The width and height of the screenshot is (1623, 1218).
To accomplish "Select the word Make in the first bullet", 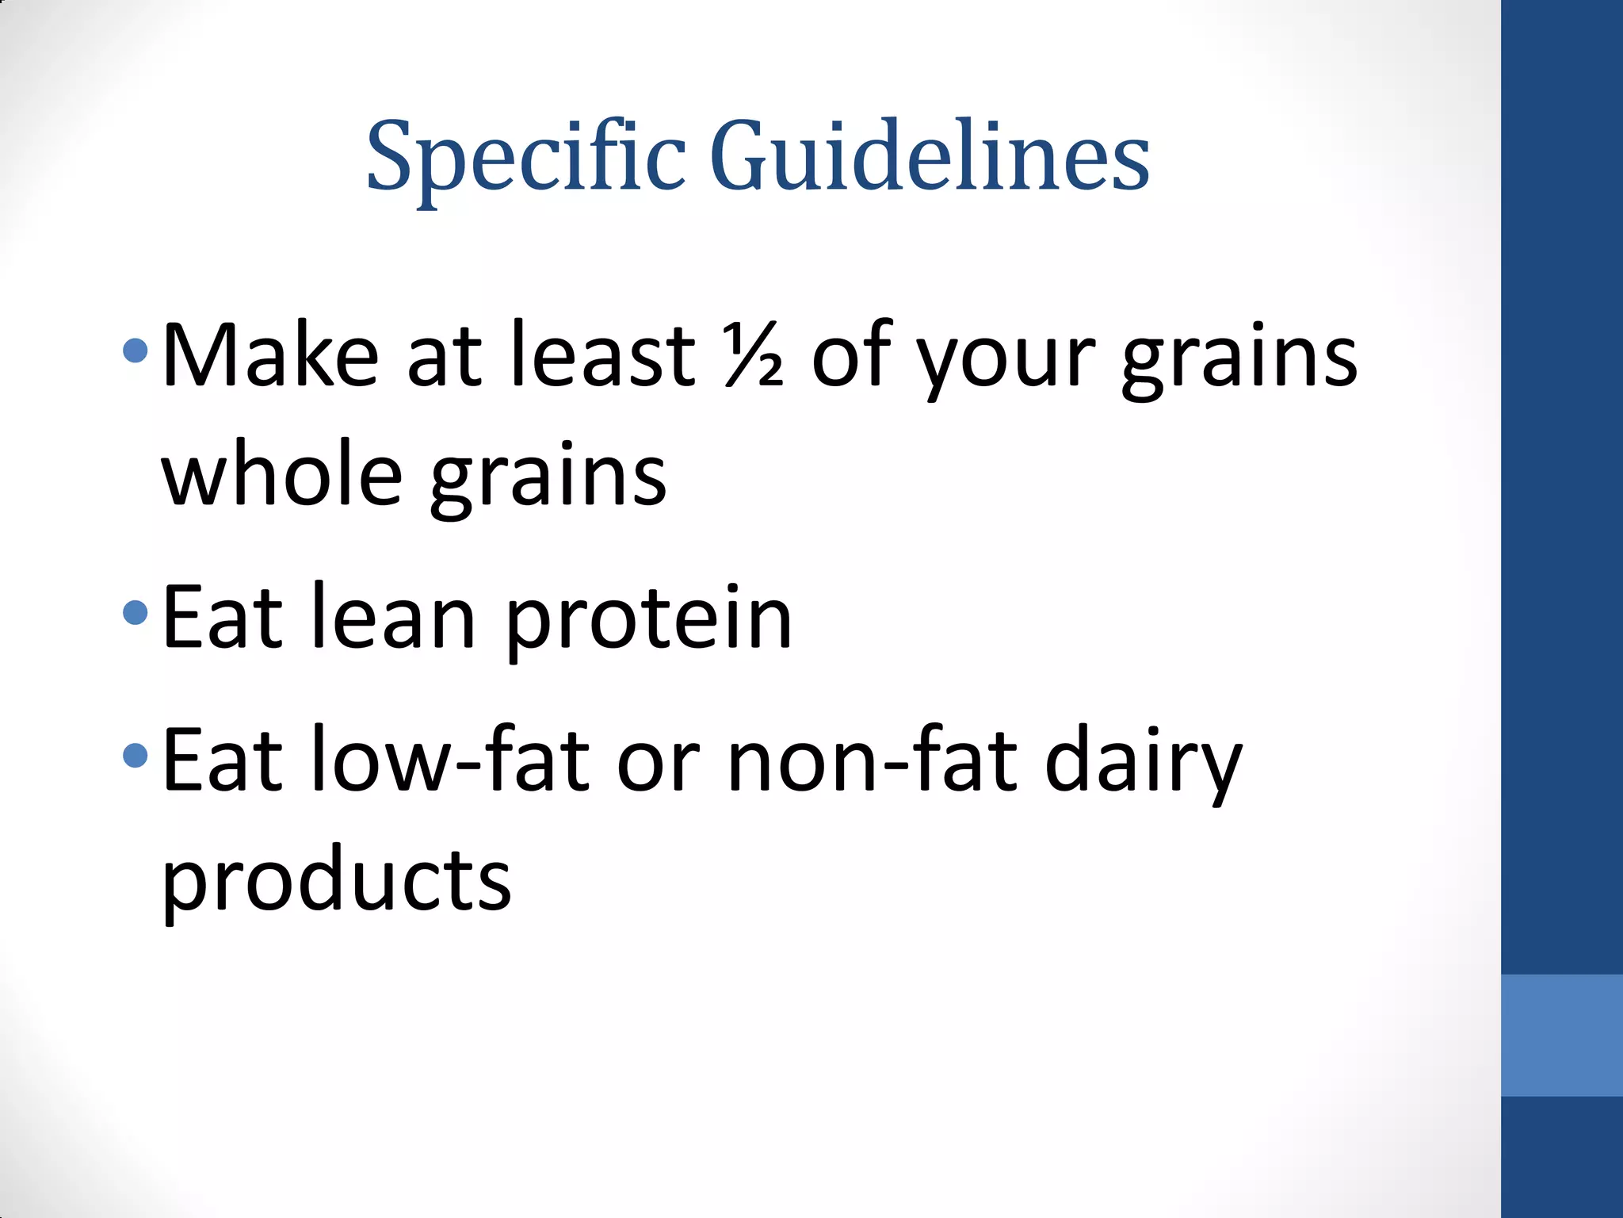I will coord(270,354).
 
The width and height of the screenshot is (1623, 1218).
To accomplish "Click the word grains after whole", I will coord(548,481).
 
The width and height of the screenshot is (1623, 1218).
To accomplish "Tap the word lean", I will coord(393,616).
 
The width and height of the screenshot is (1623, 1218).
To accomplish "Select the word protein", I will coord(648,622).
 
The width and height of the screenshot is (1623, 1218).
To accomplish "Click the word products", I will coord(337,882).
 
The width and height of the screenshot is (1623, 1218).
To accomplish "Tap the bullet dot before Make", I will coord(136,350).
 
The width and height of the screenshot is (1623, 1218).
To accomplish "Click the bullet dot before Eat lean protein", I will coord(136,612).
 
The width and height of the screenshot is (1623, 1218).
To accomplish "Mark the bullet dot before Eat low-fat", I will coord(136,755).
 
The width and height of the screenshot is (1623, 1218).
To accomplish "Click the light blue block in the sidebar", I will coord(1561,1036).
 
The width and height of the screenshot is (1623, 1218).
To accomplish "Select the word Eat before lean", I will coord(222,616).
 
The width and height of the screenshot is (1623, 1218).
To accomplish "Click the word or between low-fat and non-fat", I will coord(659,764).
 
